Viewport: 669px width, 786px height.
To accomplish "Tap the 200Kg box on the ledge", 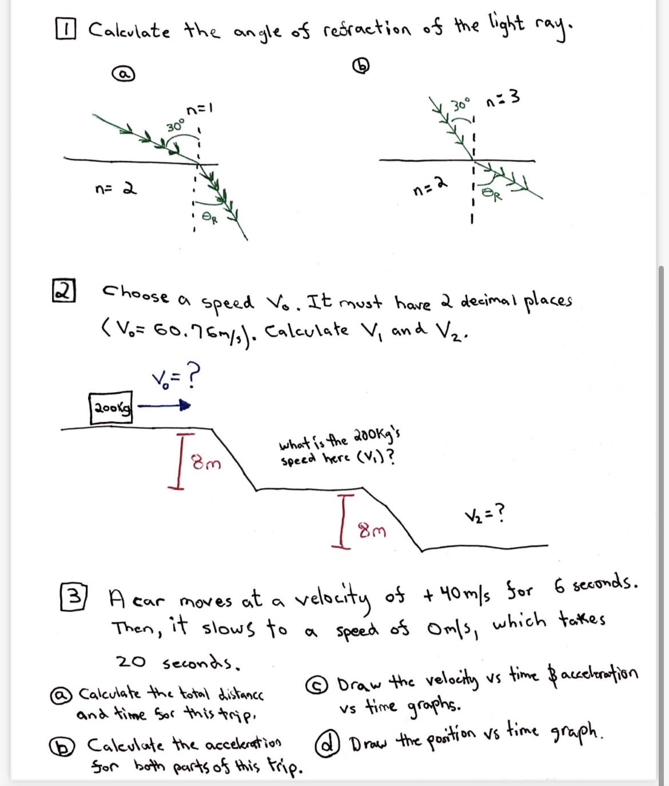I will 111,407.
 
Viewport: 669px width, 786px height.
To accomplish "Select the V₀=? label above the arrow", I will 176,378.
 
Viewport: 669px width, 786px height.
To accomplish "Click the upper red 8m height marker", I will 182,461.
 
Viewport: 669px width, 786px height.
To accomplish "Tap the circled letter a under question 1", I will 123,75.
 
